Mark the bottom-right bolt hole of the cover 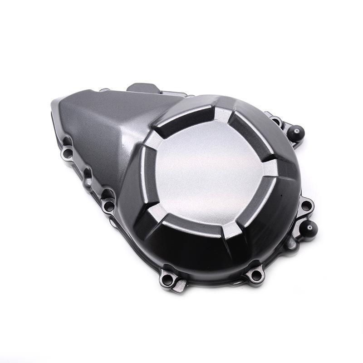[256, 275]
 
